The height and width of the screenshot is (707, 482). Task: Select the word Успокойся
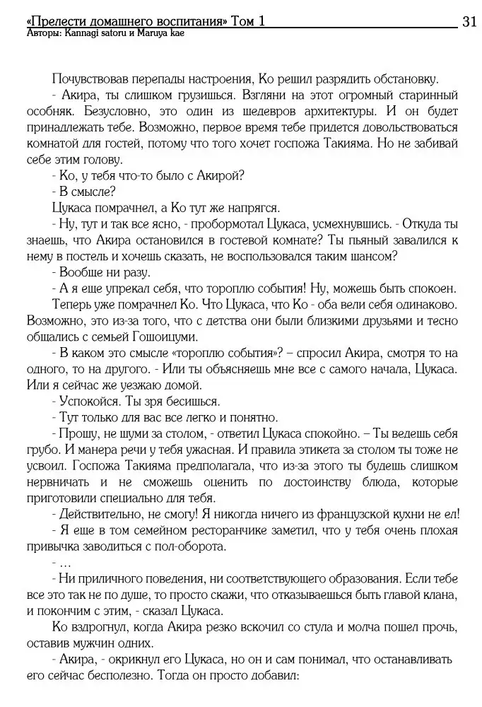click(88, 399)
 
